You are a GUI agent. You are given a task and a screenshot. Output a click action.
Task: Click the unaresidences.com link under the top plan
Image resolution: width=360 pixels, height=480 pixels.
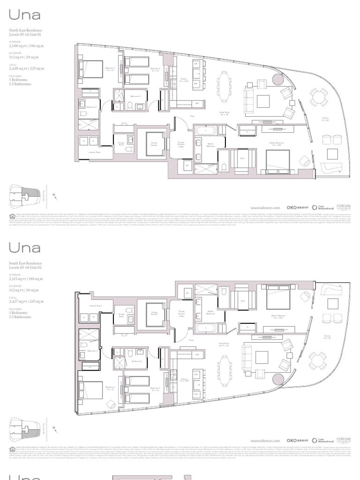point(265,207)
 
